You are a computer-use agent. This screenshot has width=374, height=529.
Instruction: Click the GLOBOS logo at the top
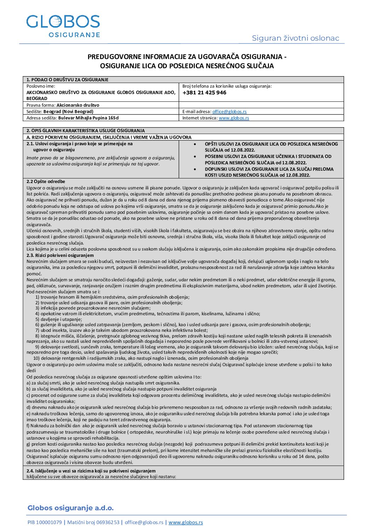(x=63, y=25)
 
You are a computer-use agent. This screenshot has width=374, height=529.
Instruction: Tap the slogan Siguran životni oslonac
(x=295, y=38)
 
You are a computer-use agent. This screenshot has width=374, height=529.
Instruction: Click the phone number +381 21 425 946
(x=204, y=93)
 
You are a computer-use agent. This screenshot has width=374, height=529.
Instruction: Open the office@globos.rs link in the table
(x=229, y=111)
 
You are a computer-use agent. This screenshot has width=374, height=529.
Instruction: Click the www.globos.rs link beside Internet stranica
(x=234, y=118)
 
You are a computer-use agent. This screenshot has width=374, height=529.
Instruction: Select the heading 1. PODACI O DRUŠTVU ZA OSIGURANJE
(x=68, y=80)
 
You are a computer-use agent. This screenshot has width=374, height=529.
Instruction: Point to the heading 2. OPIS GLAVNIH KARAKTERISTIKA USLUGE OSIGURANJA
(x=86, y=131)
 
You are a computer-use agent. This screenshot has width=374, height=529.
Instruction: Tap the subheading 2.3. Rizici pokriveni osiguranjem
(x=60, y=255)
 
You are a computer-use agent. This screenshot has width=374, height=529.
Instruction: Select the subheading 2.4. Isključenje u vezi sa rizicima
(x=91, y=471)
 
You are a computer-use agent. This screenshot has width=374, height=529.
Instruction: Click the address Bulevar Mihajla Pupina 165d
(x=88, y=118)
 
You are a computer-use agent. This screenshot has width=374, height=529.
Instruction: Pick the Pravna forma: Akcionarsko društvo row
(x=63, y=105)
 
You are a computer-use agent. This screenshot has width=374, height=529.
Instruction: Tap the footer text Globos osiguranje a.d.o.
(x=71, y=508)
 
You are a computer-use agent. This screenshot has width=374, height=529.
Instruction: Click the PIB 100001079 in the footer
(x=45, y=522)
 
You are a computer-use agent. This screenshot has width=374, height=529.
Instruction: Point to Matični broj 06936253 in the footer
(x=93, y=522)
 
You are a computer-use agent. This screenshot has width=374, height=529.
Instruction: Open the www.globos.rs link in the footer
(x=186, y=522)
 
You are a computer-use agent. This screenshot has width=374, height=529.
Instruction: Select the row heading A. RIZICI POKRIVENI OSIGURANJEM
(x=109, y=137)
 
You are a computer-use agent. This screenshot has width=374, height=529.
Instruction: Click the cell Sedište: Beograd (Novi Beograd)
(x=60, y=111)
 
